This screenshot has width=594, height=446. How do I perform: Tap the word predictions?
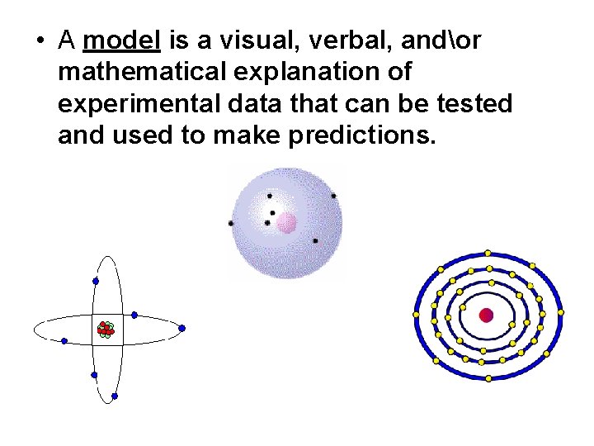click(x=361, y=136)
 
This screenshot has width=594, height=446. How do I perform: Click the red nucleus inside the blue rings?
click(x=486, y=315)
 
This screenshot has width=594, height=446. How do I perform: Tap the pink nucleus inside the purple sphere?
click(x=286, y=222)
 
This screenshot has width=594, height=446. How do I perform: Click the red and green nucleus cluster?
click(x=105, y=330)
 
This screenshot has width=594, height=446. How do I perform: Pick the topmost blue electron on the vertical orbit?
click(x=96, y=282)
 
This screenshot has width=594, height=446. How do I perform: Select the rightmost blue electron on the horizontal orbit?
click(x=181, y=328)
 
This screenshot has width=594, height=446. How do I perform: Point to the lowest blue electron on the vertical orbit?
click(x=114, y=396)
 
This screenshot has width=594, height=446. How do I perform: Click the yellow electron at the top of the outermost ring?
click(x=488, y=253)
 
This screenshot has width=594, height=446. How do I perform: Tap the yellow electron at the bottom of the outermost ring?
click(x=488, y=378)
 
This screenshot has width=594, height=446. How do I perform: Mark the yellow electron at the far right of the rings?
click(x=561, y=313)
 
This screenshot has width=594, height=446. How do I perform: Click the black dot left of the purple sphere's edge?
click(x=230, y=223)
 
